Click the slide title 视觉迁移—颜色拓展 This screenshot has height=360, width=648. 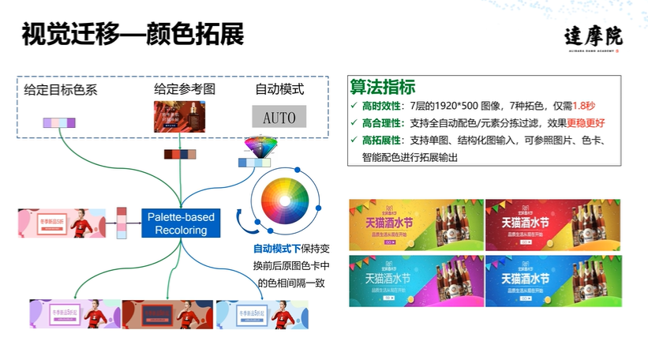coord(133,36)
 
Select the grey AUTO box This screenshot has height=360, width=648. coord(279,118)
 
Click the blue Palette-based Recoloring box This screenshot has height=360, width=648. coord(182,223)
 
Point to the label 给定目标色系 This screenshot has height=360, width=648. coord(61,89)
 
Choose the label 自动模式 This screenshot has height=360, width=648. coord(279,89)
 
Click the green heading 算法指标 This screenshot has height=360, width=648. coord(383,88)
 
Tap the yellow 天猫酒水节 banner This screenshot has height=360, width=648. coord(415,223)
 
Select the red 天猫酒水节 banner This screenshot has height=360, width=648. coord(552,223)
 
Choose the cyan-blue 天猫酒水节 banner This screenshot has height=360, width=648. coord(415,280)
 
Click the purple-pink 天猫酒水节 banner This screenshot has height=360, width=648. coord(552,280)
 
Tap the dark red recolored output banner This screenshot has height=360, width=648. coord(167,314)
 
